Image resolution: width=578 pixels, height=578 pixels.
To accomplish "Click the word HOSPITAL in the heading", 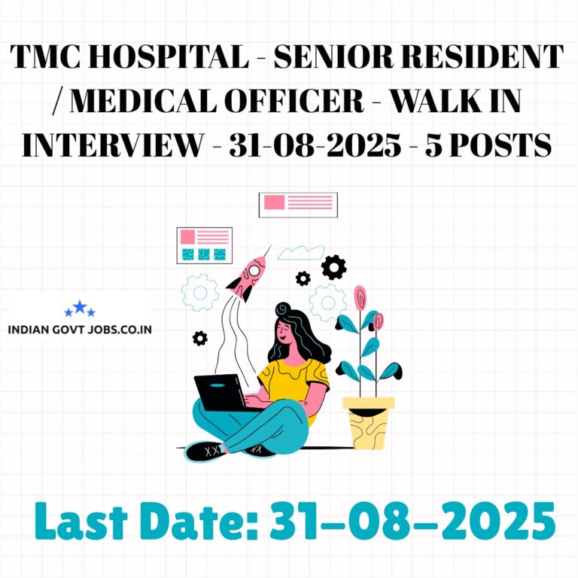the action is pos(169,56).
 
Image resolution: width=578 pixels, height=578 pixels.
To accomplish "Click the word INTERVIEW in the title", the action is pos(113,144).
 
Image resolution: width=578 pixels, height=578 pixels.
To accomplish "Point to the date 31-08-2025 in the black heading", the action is pos(315,144).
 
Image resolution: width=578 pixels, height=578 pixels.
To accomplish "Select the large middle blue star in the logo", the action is pos(80,307).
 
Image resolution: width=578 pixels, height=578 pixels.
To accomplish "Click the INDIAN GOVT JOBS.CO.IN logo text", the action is pos(80,329).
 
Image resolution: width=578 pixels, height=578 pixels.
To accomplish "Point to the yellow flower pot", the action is pos(368,423).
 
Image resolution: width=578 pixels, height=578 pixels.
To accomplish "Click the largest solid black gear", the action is pos(333,267).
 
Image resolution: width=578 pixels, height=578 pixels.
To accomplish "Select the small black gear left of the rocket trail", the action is pos(199,338).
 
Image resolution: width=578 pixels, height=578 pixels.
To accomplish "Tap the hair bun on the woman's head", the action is pos(283,309).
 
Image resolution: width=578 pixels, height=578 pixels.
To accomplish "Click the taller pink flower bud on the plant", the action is pos(360,297).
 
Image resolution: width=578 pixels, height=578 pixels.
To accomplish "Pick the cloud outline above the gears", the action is pos(301,253).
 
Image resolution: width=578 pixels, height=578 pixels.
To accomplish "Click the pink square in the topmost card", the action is pos(274,202).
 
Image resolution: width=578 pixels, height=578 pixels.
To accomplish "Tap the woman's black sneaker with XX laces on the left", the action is pos(205,452).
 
